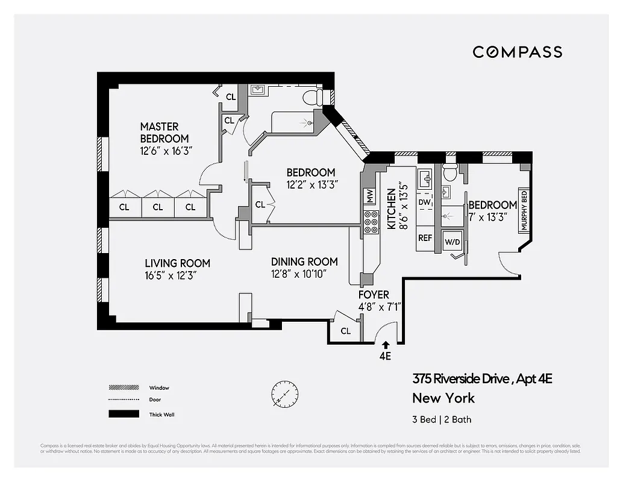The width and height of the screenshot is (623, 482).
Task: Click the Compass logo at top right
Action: click(517, 52)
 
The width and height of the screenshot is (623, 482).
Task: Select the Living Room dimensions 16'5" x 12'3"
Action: click(171, 275)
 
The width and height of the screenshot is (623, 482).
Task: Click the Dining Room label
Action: click(304, 261)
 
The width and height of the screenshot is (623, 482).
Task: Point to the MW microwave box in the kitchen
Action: click(368, 196)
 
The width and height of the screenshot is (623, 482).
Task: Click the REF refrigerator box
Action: click(425, 238)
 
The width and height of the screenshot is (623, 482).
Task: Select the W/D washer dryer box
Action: click(452, 242)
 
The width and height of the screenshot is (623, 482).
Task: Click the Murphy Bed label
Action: click(524, 211)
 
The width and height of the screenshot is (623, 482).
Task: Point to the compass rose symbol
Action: click(284, 395)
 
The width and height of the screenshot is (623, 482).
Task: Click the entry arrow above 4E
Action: click(385, 344)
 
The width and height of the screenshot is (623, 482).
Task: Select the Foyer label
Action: click(374, 295)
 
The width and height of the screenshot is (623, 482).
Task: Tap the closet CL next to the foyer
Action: click(345, 331)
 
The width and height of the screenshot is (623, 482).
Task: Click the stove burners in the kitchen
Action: click(371, 222)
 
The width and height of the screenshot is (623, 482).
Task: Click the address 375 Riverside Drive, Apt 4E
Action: click(482, 379)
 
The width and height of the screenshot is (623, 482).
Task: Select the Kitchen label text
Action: click(391, 208)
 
